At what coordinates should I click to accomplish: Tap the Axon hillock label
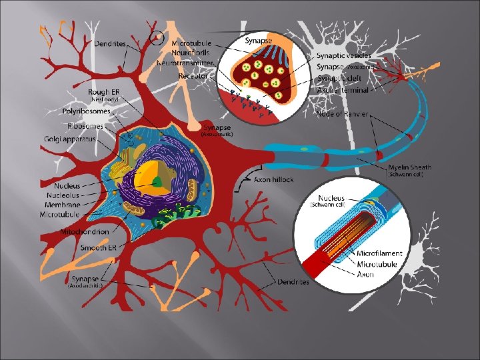pos(273,179)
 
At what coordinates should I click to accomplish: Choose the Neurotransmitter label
pos(185,63)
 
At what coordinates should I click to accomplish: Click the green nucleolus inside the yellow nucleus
pos(157,181)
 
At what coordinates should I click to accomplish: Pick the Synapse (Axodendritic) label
pos(87,279)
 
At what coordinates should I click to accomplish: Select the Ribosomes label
pos(85,125)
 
